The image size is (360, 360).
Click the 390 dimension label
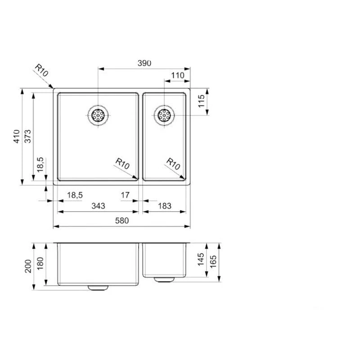coord(144,63)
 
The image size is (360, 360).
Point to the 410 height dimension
coord(17,136)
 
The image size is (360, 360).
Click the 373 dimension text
coord(28,136)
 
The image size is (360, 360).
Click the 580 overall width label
coord(122,220)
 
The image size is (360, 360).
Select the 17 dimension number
coord(125,195)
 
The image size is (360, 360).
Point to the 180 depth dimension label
coord(40,264)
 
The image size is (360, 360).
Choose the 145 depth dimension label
coord(201,260)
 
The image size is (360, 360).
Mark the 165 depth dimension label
coord(213,262)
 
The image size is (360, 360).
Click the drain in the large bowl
coord(98,115)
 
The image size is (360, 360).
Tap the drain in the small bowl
coord(164,115)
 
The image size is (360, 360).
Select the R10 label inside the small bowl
coord(173,163)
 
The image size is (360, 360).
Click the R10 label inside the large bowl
coord(122,163)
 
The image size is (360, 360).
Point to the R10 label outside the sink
coord(41,71)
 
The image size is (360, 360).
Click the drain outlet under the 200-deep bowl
coord(98,287)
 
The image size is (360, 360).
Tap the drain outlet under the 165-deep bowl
coord(164,279)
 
